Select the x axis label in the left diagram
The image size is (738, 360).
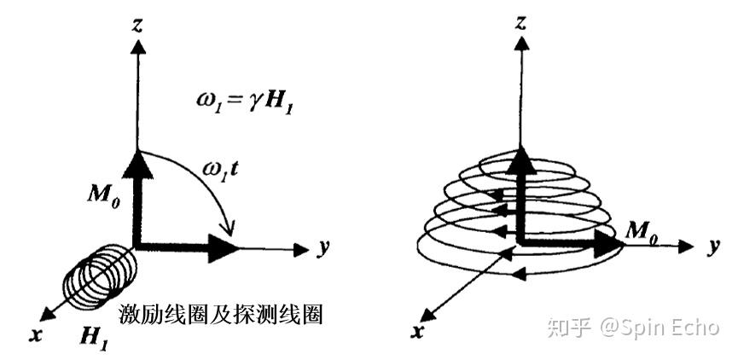pyautogui.click(x=36, y=334)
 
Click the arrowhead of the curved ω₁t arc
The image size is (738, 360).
pyautogui.click(x=229, y=229)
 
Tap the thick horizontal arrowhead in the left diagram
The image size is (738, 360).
pyautogui.click(x=224, y=249)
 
